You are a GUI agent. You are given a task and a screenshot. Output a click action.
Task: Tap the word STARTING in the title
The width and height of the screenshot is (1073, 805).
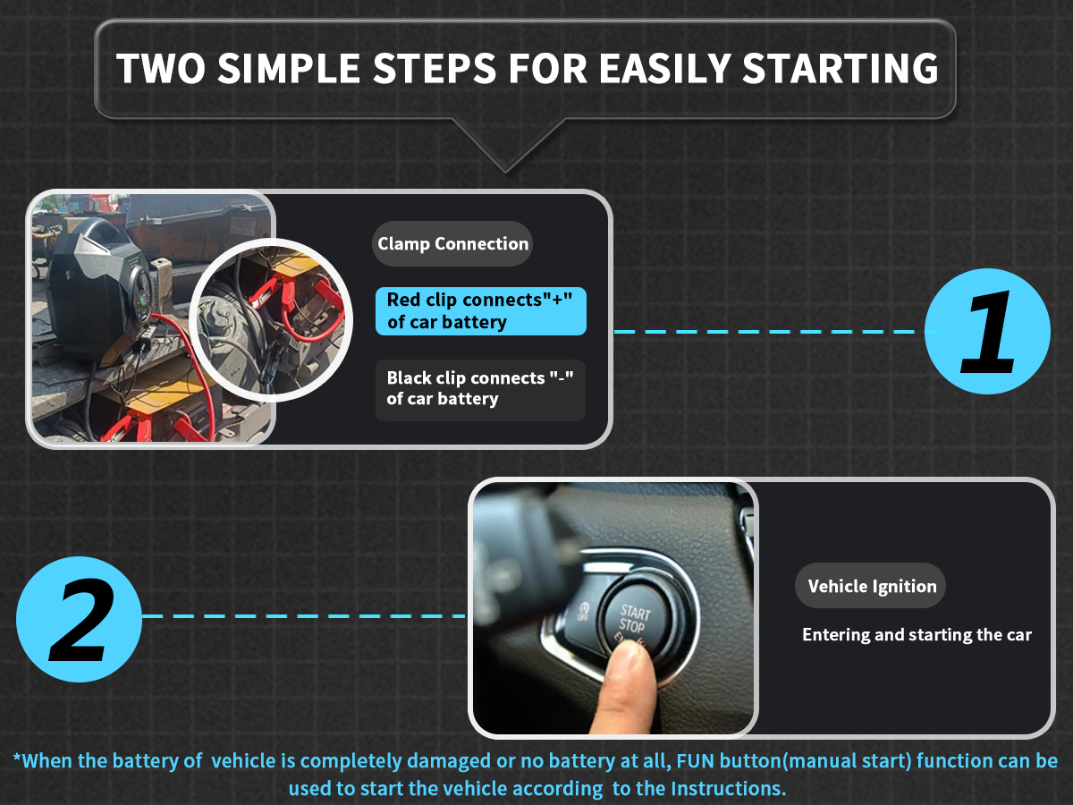pos(840,69)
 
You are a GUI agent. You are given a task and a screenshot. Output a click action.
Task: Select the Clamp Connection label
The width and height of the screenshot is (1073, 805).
pos(452,243)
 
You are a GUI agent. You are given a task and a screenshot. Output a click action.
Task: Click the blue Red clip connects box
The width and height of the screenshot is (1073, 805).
pos(480,311)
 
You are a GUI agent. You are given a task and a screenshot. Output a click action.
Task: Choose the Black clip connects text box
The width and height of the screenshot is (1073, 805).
pos(480,390)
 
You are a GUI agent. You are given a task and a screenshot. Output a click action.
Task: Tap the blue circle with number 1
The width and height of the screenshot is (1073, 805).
pos(987,331)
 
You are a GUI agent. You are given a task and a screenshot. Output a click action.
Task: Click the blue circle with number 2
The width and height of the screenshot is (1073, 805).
pos(79,619)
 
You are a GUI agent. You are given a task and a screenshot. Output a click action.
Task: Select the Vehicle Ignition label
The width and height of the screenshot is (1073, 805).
pos(871,586)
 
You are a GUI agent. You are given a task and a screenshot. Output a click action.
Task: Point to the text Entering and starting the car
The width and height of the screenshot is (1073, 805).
pos(917,634)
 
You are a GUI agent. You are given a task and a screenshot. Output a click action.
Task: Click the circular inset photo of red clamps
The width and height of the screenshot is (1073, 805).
pos(271,320)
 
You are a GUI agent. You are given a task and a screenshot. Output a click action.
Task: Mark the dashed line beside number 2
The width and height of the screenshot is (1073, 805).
pos(304,616)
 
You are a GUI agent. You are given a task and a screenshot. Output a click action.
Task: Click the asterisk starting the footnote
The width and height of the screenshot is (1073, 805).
pos(17,758)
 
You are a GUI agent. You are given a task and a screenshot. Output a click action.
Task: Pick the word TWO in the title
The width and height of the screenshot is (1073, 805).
pos(161,69)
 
